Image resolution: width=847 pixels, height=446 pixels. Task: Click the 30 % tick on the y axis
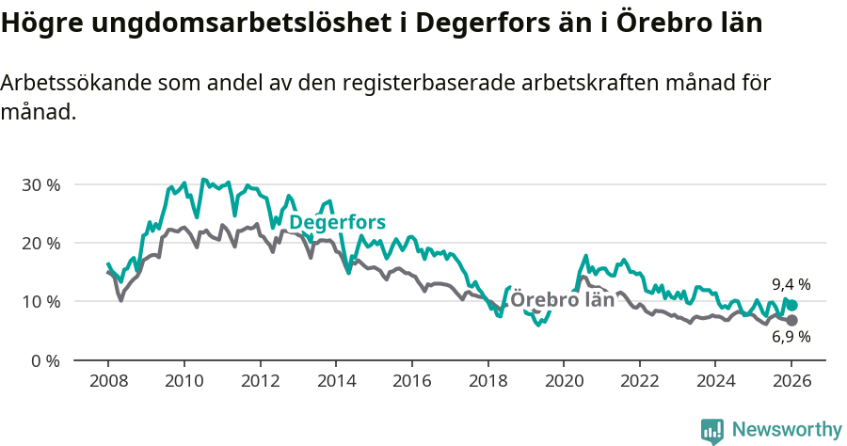point(40,184)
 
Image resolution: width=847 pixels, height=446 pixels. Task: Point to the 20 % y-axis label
point(40,243)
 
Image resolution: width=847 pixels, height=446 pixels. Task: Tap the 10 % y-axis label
point(40,302)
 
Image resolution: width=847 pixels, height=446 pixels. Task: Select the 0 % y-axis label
point(45,360)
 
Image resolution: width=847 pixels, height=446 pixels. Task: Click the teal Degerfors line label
point(337,223)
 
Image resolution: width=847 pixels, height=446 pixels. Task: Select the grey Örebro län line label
point(562,300)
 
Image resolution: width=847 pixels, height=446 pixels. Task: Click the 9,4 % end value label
point(791,284)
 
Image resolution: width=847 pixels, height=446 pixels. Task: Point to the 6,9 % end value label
point(791,337)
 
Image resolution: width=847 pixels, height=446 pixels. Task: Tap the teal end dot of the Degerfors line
point(792,305)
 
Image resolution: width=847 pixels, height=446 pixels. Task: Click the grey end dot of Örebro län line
point(792,320)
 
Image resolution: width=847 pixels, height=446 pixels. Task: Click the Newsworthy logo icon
point(712,431)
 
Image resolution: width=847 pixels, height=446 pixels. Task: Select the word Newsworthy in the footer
point(786,430)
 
